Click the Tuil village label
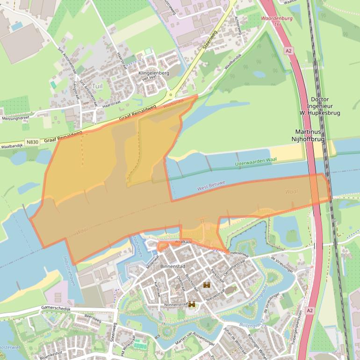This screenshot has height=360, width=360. point(97,86)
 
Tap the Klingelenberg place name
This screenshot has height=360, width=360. point(153,73)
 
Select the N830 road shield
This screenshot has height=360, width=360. point(32,142)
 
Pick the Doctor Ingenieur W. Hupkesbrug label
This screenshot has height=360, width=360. point(320,106)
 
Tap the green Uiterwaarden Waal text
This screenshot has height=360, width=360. point(256,160)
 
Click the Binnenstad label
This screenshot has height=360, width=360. point(173,266)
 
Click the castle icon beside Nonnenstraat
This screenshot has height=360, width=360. point(192,304)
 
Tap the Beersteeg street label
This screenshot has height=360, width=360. point(93,317)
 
